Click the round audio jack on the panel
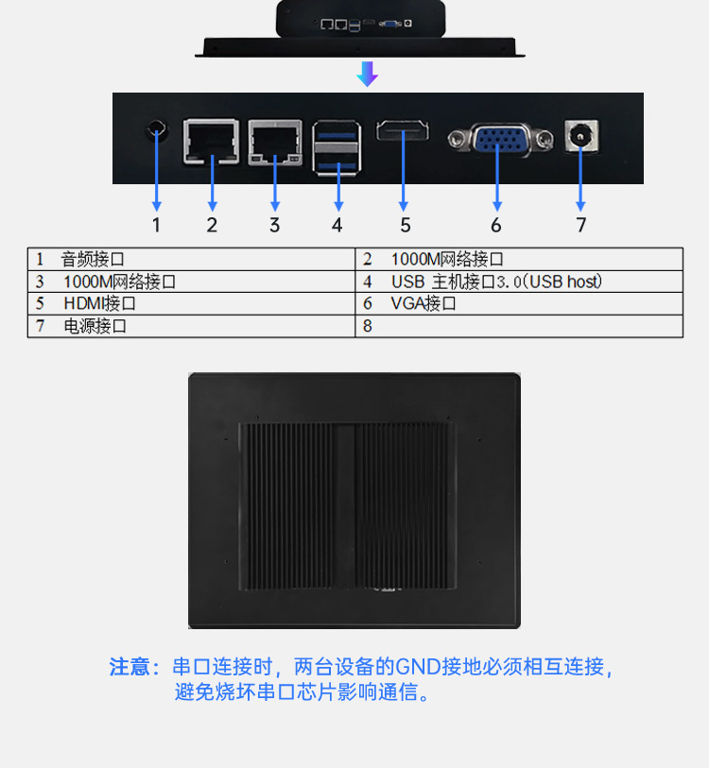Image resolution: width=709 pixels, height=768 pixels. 157,131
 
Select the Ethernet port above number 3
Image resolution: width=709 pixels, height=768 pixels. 275,143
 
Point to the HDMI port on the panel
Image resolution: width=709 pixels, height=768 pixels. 404,132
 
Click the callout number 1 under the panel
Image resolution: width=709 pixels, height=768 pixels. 157,225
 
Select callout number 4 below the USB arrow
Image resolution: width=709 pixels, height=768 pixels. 337,225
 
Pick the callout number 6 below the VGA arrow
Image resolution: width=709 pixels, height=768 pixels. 496,225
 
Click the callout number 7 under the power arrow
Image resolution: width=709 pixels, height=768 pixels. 580,225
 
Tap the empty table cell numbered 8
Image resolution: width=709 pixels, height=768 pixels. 518,327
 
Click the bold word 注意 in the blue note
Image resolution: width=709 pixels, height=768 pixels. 130,667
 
